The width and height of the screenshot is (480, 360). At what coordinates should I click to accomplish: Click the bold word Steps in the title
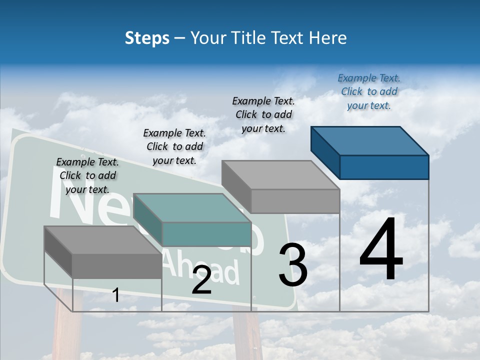(x=147, y=38)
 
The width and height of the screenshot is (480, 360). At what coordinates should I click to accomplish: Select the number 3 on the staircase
(x=292, y=265)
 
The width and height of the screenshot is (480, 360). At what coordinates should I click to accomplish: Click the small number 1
(x=115, y=295)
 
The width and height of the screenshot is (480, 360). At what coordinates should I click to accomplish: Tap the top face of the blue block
(x=369, y=140)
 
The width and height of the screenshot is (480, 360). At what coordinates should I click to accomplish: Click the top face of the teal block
(x=192, y=207)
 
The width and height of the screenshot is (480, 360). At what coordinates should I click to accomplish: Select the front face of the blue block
(x=384, y=167)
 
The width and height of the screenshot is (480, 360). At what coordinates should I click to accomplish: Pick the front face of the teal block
(x=206, y=234)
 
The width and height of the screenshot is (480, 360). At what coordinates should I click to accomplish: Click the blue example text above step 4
(x=369, y=91)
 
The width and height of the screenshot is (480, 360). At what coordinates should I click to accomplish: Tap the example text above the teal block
(x=174, y=146)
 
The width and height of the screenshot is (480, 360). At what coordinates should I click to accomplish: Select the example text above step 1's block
(x=87, y=175)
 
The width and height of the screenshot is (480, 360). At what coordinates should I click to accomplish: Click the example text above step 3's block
(x=263, y=114)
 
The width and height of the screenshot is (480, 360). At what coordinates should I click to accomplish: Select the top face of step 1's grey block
(x=102, y=239)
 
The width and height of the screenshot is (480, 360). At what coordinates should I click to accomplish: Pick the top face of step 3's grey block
(x=280, y=175)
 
